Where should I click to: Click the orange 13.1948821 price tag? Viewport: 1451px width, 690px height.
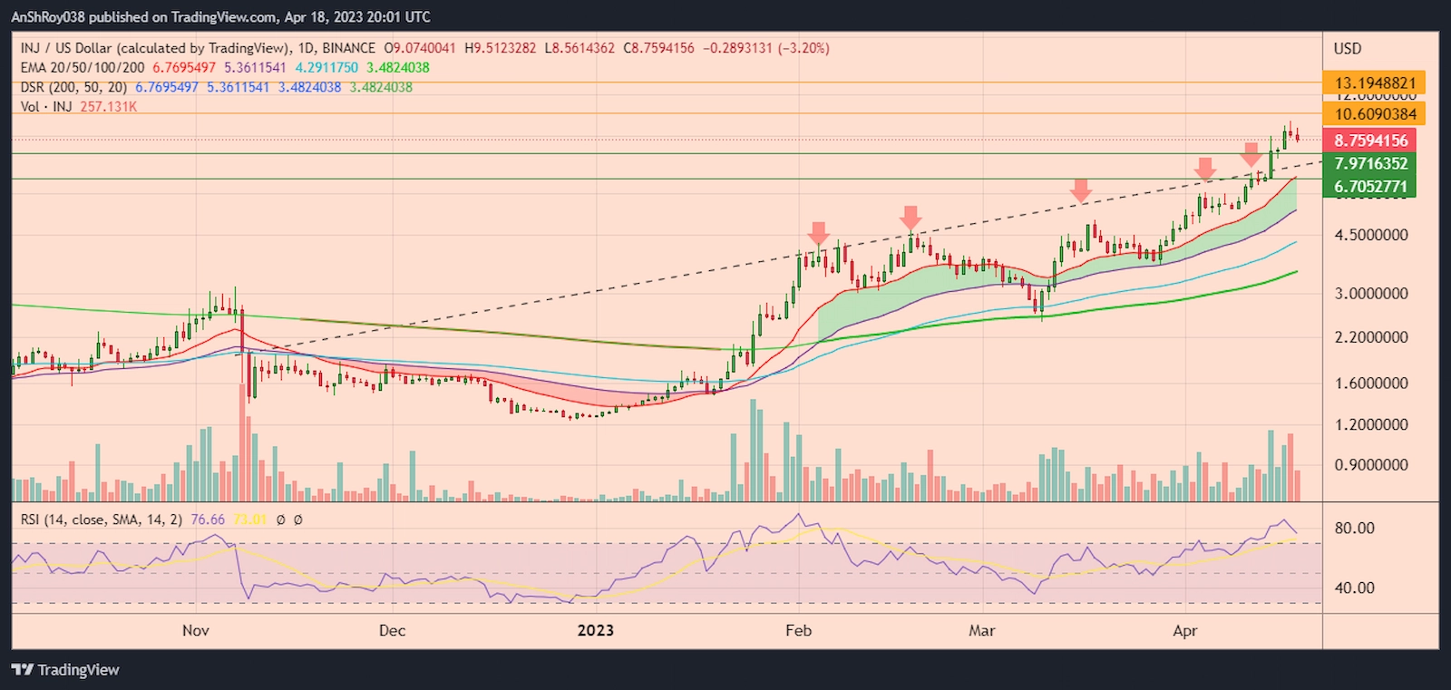pyautogui.click(x=1374, y=83)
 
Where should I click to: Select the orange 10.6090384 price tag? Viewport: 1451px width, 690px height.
pyautogui.click(x=1374, y=114)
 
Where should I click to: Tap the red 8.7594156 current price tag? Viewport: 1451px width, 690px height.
pyautogui.click(x=1370, y=141)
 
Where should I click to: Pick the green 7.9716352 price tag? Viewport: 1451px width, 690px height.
pyautogui.click(x=1370, y=164)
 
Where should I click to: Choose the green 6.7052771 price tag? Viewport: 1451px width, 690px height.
pyautogui.click(x=1370, y=187)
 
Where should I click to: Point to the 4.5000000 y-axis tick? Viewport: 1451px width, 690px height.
pyautogui.click(x=1370, y=235)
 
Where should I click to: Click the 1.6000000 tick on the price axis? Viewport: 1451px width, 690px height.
pyautogui.click(x=1370, y=384)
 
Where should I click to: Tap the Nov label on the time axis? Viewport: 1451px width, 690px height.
pyautogui.click(x=196, y=630)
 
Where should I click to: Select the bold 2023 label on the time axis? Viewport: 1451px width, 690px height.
pyautogui.click(x=595, y=630)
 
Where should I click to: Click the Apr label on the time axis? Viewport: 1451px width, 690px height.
pyautogui.click(x=1184, y=630)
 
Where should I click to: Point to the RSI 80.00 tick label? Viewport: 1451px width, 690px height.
pyautogui.click(x=1354, y=529)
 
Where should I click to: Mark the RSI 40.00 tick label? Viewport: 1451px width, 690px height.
pyautogui.click(x=1354, y=588)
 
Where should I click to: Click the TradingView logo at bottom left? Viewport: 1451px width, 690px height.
pyautogui.click(x=65, y=670)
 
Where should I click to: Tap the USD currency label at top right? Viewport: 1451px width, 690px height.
pyautogui.click(x=1348, y=49)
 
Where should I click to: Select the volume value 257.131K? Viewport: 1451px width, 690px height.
pyautogui.click(x=109, y=107)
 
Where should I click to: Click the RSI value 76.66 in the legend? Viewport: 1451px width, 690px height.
pyautogui.click(x=208, y=520)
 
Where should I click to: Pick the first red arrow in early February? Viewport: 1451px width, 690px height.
pyautogui.click(x=819, y=233)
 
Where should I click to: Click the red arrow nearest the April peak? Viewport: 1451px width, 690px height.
pyautogui.click(x=1251, y=154)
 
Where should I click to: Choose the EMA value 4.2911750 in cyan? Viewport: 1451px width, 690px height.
pyautogui.click(x=326, y=68)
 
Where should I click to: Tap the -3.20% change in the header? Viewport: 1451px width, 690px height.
pyautogui.click(x=803, y=48)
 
